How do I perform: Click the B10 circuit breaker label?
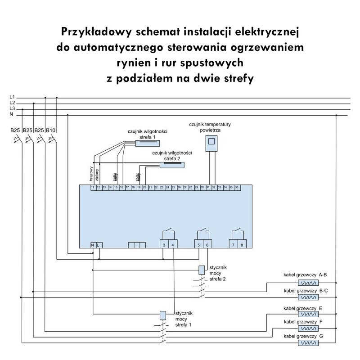pos(50,130)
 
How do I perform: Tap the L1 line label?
pos(12,97)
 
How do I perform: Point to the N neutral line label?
pos(12,114)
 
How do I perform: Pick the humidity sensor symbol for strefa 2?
pos(172,165)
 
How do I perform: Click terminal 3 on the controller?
pos(164,245)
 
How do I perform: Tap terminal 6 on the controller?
pos(207,245)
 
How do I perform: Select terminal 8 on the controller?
pos(242,245)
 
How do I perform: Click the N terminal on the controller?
pos(93,245)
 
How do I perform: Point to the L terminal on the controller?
pos(98,245)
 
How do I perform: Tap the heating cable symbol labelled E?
pos(308,314)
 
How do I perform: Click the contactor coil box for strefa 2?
pos(201,270)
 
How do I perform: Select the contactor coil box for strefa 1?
pos(163,315)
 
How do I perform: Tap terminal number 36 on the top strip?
pos(237,187)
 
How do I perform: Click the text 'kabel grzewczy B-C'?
pos(306,291)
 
